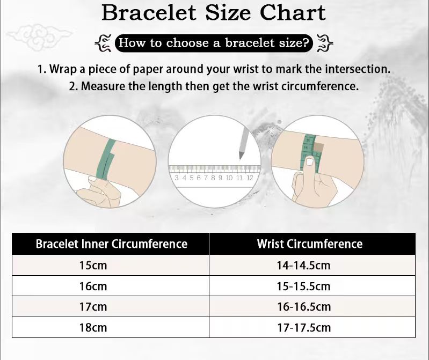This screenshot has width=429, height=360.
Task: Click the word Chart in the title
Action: [293, 12]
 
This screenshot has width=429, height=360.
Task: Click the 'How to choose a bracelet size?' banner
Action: [214, 43]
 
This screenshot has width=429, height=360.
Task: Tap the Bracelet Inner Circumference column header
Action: [111, 244]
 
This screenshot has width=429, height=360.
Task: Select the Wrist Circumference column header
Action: [310, 244]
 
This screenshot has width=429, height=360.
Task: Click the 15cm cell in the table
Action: [93, 266]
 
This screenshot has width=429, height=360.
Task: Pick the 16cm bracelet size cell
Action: [93, 286]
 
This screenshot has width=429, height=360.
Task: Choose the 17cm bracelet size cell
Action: [93, 307]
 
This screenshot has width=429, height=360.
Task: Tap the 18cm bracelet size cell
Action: [93, 327]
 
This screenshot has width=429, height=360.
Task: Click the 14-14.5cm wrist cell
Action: [304, 266]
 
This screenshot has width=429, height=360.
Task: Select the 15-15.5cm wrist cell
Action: [304, 286]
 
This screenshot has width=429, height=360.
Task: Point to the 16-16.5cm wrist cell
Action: [304, 307]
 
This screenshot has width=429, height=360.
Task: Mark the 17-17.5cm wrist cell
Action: [304, 327]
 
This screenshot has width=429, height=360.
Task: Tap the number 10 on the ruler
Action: [229, 178]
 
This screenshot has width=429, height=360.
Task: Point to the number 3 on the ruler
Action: [177, 178]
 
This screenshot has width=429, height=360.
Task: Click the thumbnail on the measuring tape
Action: [310, 162]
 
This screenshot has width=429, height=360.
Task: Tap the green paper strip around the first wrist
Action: [105, 159]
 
